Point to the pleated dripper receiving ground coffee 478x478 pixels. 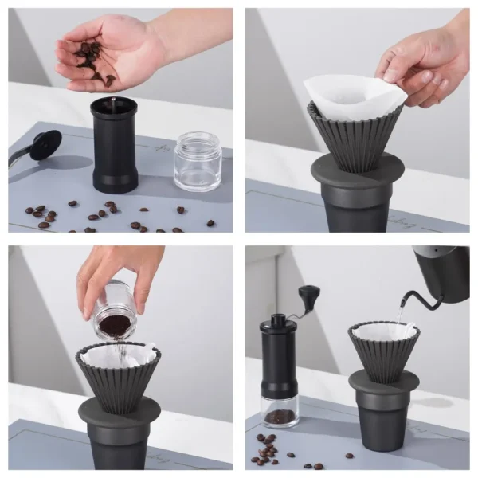[119, 374]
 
